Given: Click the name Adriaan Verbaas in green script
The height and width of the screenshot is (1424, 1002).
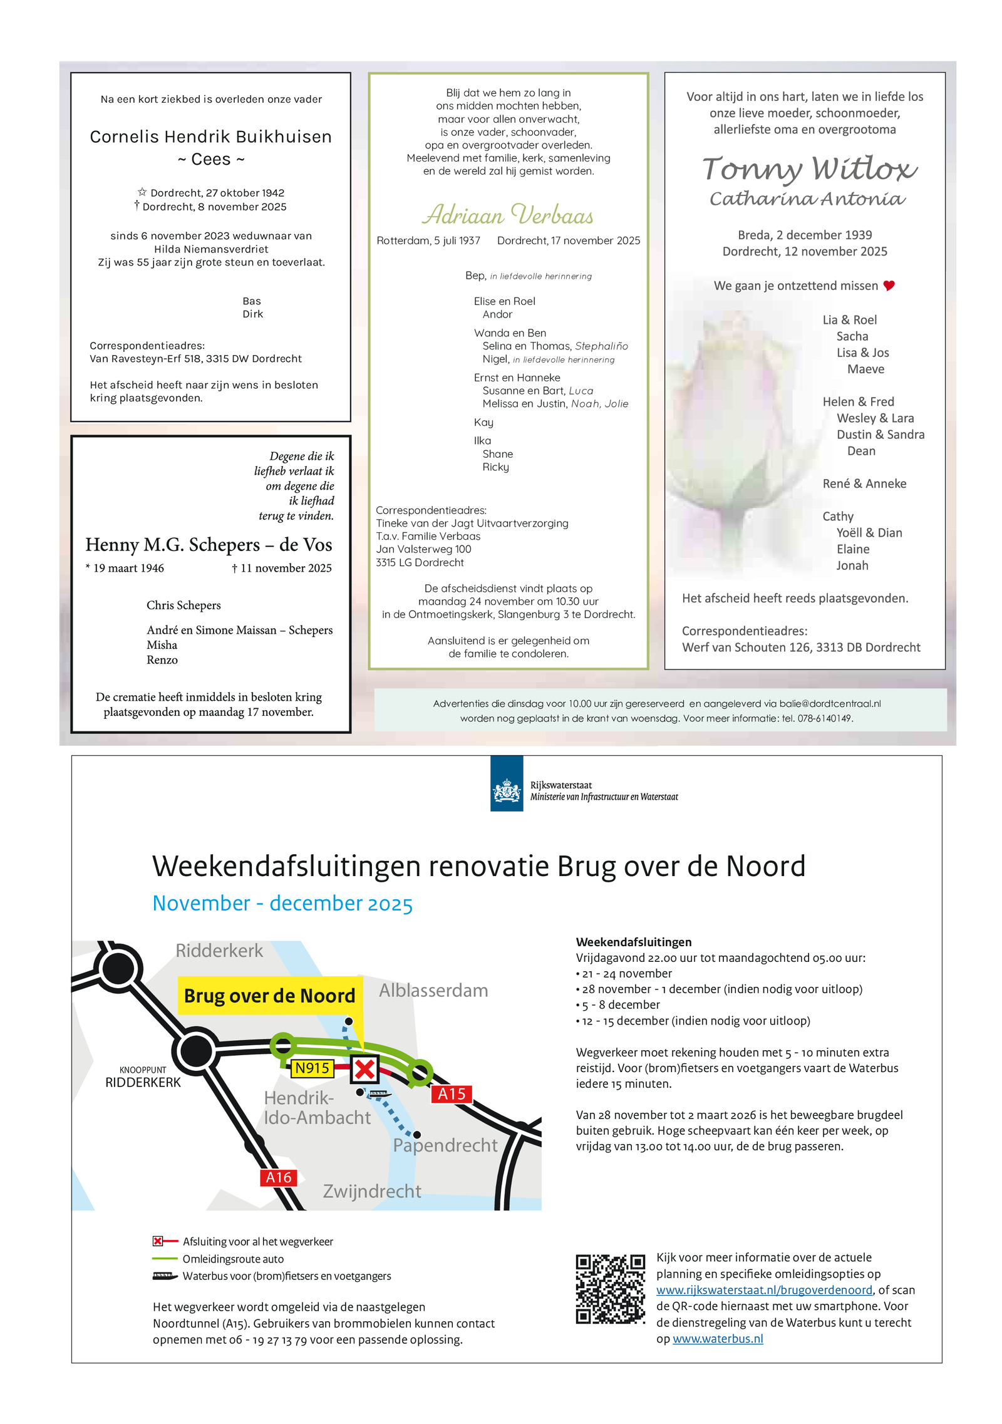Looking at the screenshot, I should pyautogui.click(x=507, y=215).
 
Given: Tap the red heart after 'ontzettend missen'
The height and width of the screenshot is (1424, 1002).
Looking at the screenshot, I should pyautogui.click(x=889, y=286).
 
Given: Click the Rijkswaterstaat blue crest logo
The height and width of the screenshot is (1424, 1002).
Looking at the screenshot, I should pyautogui.click(x=506, y=783).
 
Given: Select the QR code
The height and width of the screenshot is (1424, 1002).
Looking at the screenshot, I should pyautogui.click(x=610, y=1289).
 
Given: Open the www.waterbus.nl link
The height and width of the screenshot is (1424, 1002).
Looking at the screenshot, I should pyautogui.click(x=717, y=1339).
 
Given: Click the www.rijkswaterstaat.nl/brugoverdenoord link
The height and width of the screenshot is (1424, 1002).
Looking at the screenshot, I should pyautogui.click(x=764, y=1290).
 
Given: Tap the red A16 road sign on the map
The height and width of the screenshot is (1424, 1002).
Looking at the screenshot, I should pyautogui.click(x=278, y=1178).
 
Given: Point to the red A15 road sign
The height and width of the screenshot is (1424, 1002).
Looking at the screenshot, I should pyautogui.click(x=451, y=1094).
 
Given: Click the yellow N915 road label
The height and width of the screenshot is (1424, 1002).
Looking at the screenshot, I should pyautogui.click(x=312, y=1068).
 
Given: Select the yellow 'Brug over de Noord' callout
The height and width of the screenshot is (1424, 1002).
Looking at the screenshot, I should pyautogui.click(x=269, y=996).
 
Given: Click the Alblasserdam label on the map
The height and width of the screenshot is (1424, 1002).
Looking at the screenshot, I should pyautogui.click(x=433, y=991).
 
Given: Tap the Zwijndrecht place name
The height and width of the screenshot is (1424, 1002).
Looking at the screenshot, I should pyautogui.click(x=371, y=1191).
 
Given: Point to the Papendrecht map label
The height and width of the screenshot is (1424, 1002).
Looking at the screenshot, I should pyautogui.click(x=445, y=1145).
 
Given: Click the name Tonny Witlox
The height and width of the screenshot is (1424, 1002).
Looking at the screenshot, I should pyautogui.click(x=809, y=169).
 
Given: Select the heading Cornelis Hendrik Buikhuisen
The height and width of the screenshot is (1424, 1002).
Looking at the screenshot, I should pyautogui.click(x=210, y=137).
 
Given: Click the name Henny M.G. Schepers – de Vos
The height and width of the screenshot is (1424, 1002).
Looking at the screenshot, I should pyautogui.click(x=209, y=545).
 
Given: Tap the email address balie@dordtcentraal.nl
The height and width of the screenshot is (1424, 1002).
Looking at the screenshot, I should pyautogui.click(x=830, y=704).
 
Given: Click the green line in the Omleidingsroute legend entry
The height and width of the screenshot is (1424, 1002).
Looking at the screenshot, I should pyautogui.click(x=165, y=1259).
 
